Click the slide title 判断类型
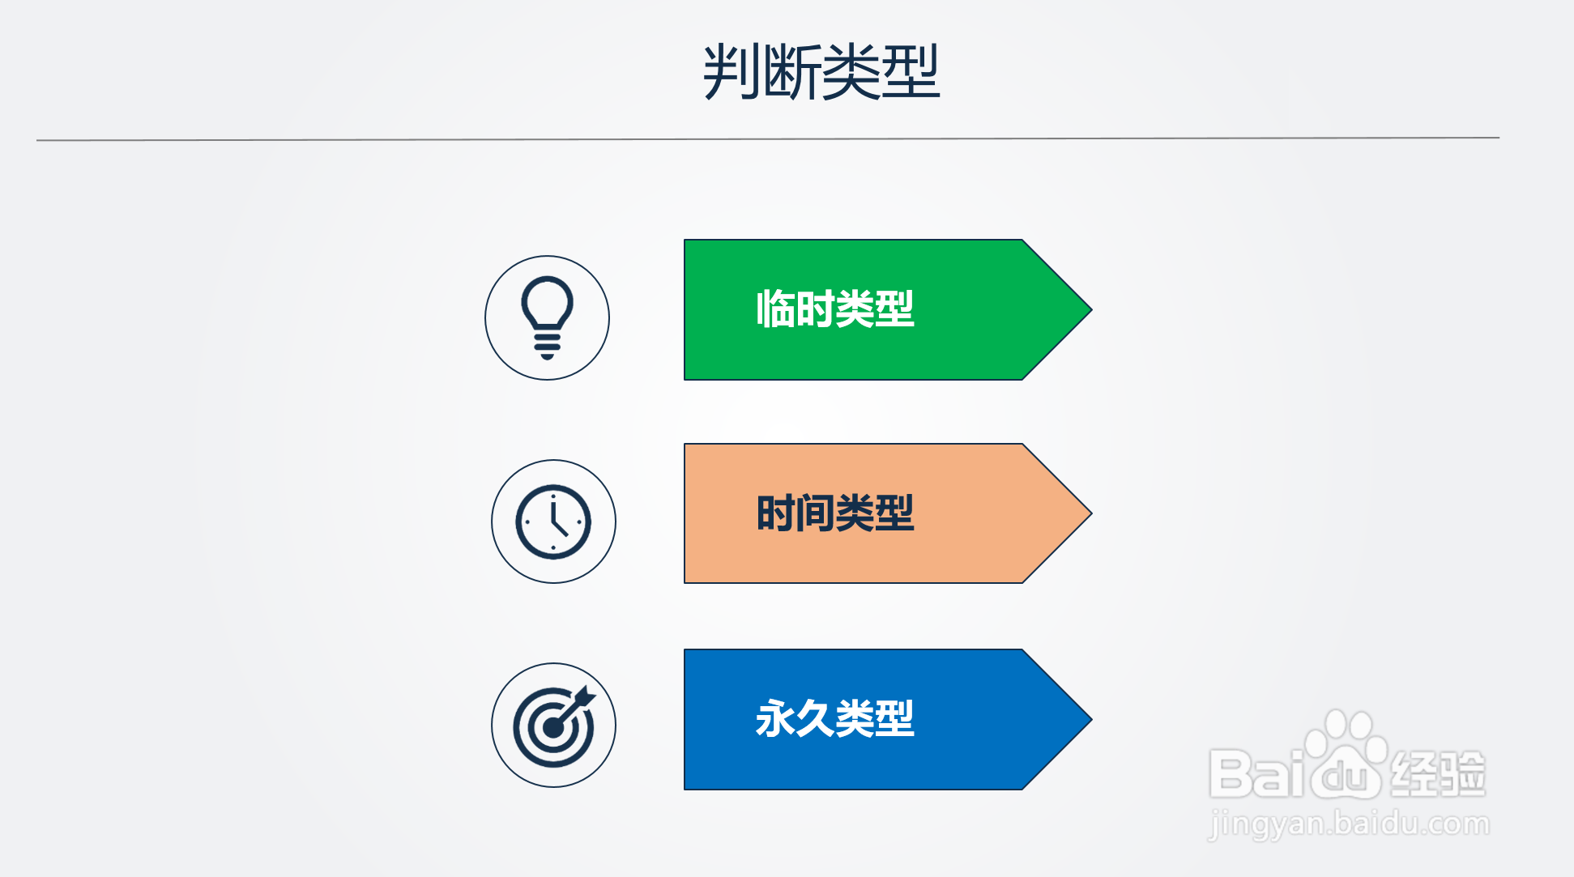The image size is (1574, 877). pos(821,72)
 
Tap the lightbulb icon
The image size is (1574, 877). pos(548,317)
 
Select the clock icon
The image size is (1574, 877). pos(553,522)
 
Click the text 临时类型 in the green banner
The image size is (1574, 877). pos(835,309)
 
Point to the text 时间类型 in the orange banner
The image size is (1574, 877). pos(835,513)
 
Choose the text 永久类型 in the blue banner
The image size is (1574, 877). pos(835,718)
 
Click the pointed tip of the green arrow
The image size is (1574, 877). pos(1091,309)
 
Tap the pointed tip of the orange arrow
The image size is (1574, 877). pos(1091,513)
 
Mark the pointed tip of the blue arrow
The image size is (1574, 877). pos(1091,719)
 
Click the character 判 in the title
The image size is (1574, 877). pos(731,72)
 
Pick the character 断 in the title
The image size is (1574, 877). pos(791,72)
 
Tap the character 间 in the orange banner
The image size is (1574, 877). pos(815,513)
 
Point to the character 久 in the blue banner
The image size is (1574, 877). pos(815,718)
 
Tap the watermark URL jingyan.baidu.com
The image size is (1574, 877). pos(1349,824)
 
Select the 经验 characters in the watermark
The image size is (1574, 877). pos(1438,773)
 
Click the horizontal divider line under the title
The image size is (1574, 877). pos(768,139)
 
